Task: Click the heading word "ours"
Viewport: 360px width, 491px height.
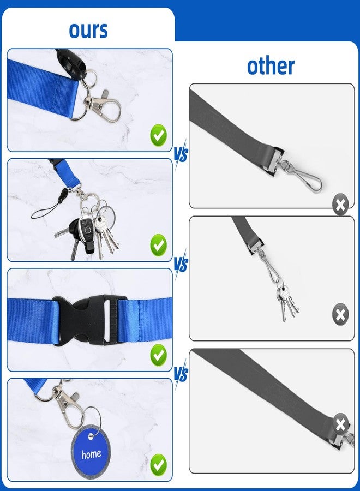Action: click(88, 30)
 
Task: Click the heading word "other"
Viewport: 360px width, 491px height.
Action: click(271, 66)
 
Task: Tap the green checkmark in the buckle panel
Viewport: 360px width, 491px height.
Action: click(159, 355)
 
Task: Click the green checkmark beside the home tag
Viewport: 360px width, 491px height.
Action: click(159, 465)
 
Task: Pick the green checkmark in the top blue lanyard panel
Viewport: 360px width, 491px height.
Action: click(159, 135)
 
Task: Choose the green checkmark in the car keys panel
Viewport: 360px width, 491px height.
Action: click(159, 245)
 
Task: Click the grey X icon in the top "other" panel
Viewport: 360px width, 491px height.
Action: click(340, 205)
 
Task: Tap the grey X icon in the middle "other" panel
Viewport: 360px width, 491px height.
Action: click(340, 314)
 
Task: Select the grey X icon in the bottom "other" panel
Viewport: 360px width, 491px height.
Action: click(340, 424)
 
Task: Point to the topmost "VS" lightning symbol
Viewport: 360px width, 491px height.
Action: click(181, 154)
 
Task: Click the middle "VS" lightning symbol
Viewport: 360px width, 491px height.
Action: click(181, 264)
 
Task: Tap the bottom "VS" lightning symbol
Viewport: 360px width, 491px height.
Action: click(181, 374)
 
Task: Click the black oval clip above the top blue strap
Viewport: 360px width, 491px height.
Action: click(71, 62)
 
